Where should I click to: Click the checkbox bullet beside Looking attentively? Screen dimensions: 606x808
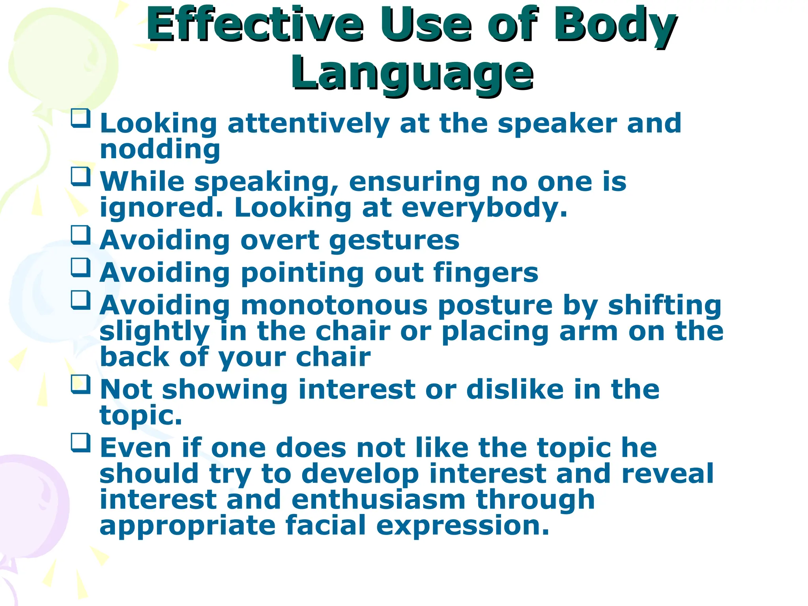[x=80, y=118]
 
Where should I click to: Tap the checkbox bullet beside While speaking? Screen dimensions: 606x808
[x=80, y=176]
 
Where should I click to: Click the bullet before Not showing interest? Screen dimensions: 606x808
[x=80, y=384]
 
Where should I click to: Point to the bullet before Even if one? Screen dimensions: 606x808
[x=80, y=443]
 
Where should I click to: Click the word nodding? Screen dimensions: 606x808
[x=160, y=150]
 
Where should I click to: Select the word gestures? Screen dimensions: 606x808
[x=394, y=241]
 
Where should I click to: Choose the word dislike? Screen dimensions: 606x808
[x=515, y=390]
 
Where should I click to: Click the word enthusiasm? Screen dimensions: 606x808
[x=379, y=499]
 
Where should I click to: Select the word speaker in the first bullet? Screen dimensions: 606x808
[x=557, y=124]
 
